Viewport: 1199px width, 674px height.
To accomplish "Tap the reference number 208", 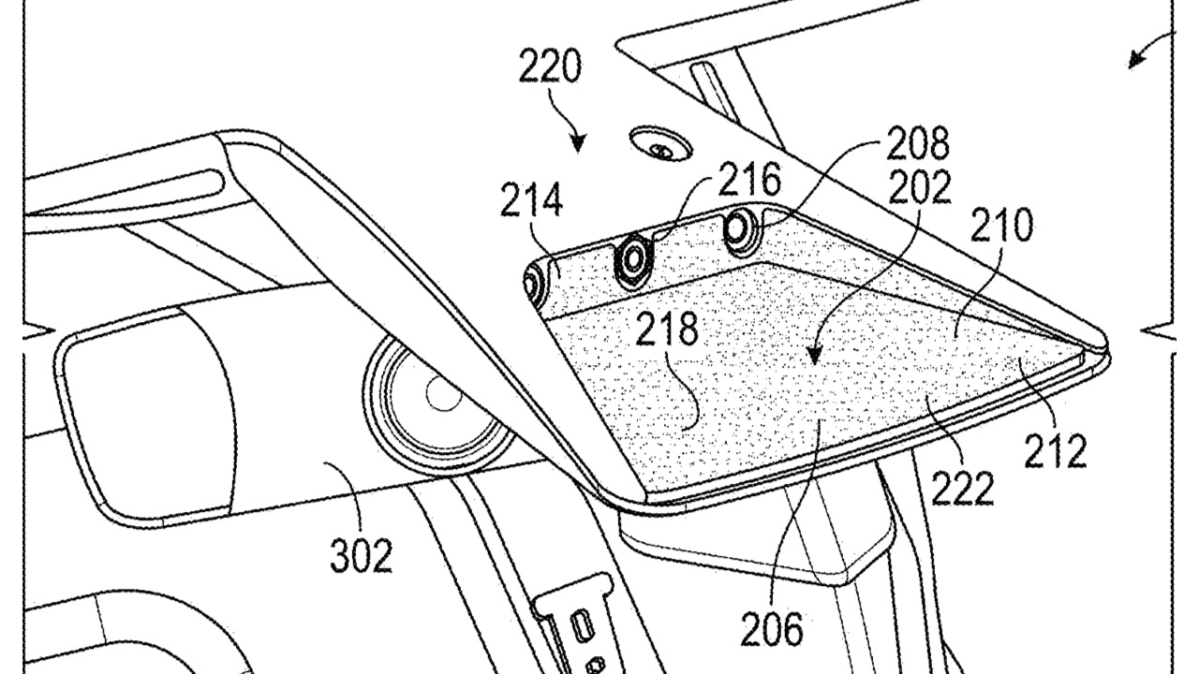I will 917,145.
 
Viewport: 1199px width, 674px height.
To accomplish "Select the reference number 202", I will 919,188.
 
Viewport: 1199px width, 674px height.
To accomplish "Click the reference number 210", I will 1001,227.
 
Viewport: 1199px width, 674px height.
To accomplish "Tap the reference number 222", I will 961,487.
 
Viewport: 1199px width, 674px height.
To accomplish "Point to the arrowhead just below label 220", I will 578,144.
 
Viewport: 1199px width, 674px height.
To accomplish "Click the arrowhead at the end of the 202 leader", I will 814,357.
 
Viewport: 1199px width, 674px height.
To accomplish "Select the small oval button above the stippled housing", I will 662,145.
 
